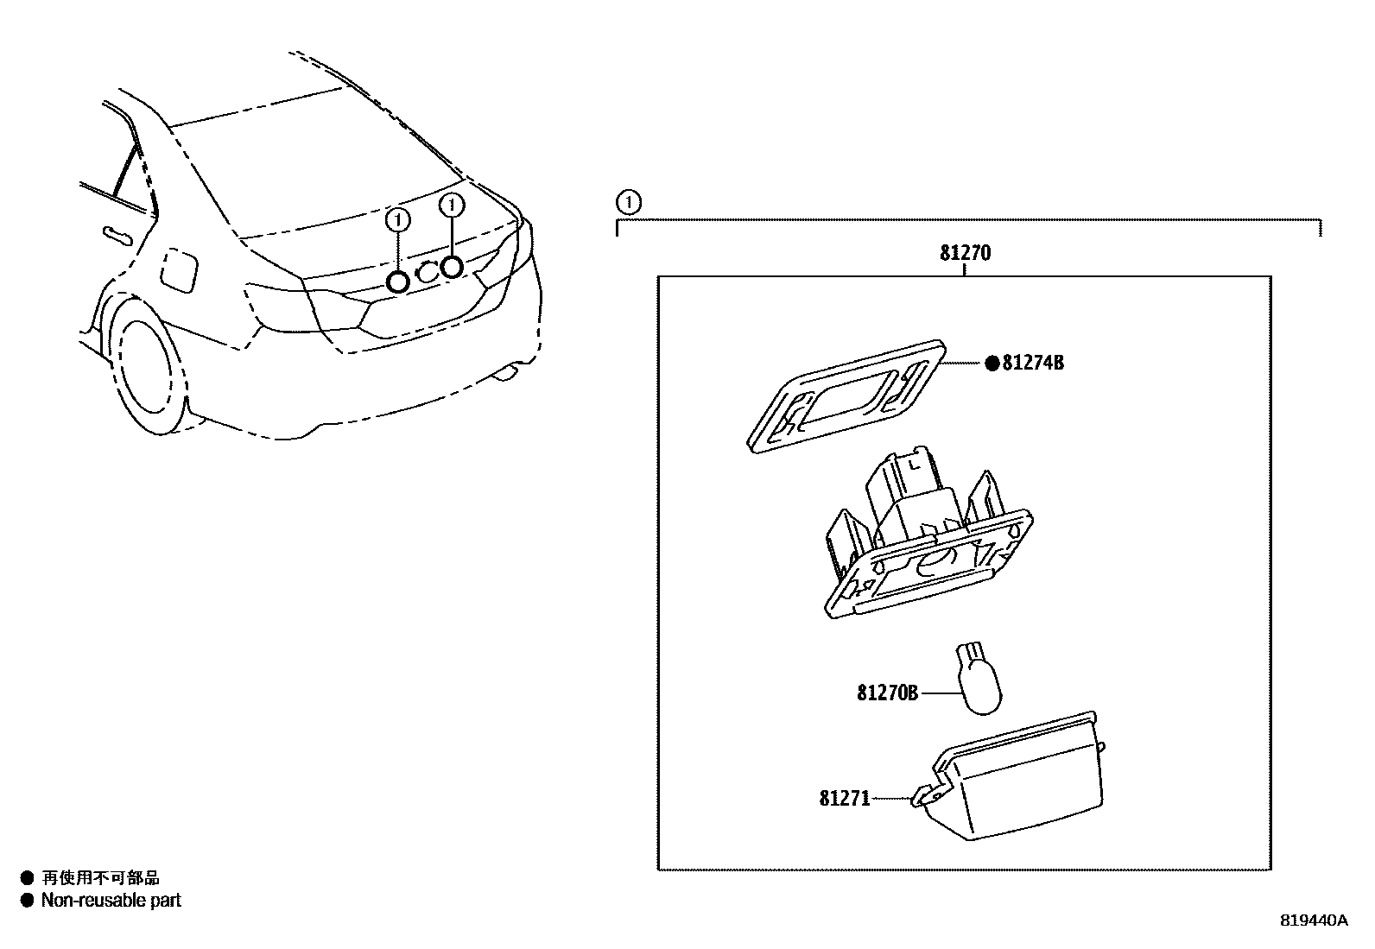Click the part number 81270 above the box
965,253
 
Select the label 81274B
1032,364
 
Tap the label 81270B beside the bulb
888,693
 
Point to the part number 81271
845,800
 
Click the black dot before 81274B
992,364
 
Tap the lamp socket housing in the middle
928,541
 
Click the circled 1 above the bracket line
629,204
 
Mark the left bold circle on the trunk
398,282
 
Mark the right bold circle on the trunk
451,267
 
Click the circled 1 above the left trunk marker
397,220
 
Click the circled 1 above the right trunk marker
452,206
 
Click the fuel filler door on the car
178,269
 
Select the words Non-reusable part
111,900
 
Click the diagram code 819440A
1313,921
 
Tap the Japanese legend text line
100,878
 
